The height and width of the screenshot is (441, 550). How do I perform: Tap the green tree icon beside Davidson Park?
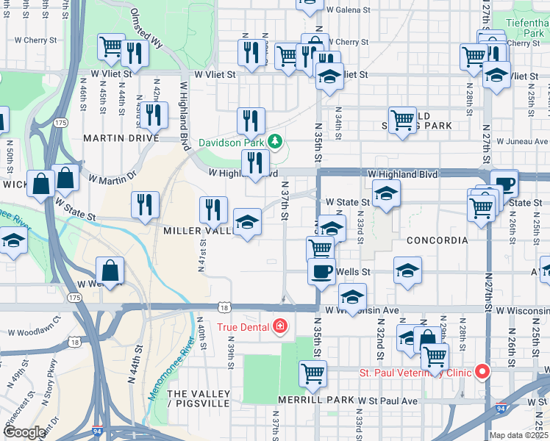pyautogui.click(x=275, y=140)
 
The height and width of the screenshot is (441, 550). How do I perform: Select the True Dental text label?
pyautogui.click(x=243, y=326)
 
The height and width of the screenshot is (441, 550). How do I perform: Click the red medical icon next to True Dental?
pyautogui.click(x=279, y=326)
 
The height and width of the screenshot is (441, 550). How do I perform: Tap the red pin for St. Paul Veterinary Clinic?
pyautogui.click(x=482, y=372)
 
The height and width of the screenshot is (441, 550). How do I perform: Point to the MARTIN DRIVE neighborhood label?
pyautogui.click(x=121, y=138)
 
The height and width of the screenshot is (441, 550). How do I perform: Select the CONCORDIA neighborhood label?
pyautogui.click(x=437, y=240)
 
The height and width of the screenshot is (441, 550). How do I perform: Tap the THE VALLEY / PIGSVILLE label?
pyautogui.click(x=201, y=398)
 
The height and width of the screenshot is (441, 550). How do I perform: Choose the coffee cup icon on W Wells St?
pyautogui.click(x=321, y=271)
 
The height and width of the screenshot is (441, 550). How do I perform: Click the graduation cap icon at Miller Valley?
pyautogui.click(x=247, y=221)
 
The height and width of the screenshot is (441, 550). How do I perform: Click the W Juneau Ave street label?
pyautogui.click(x=522, y=141)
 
